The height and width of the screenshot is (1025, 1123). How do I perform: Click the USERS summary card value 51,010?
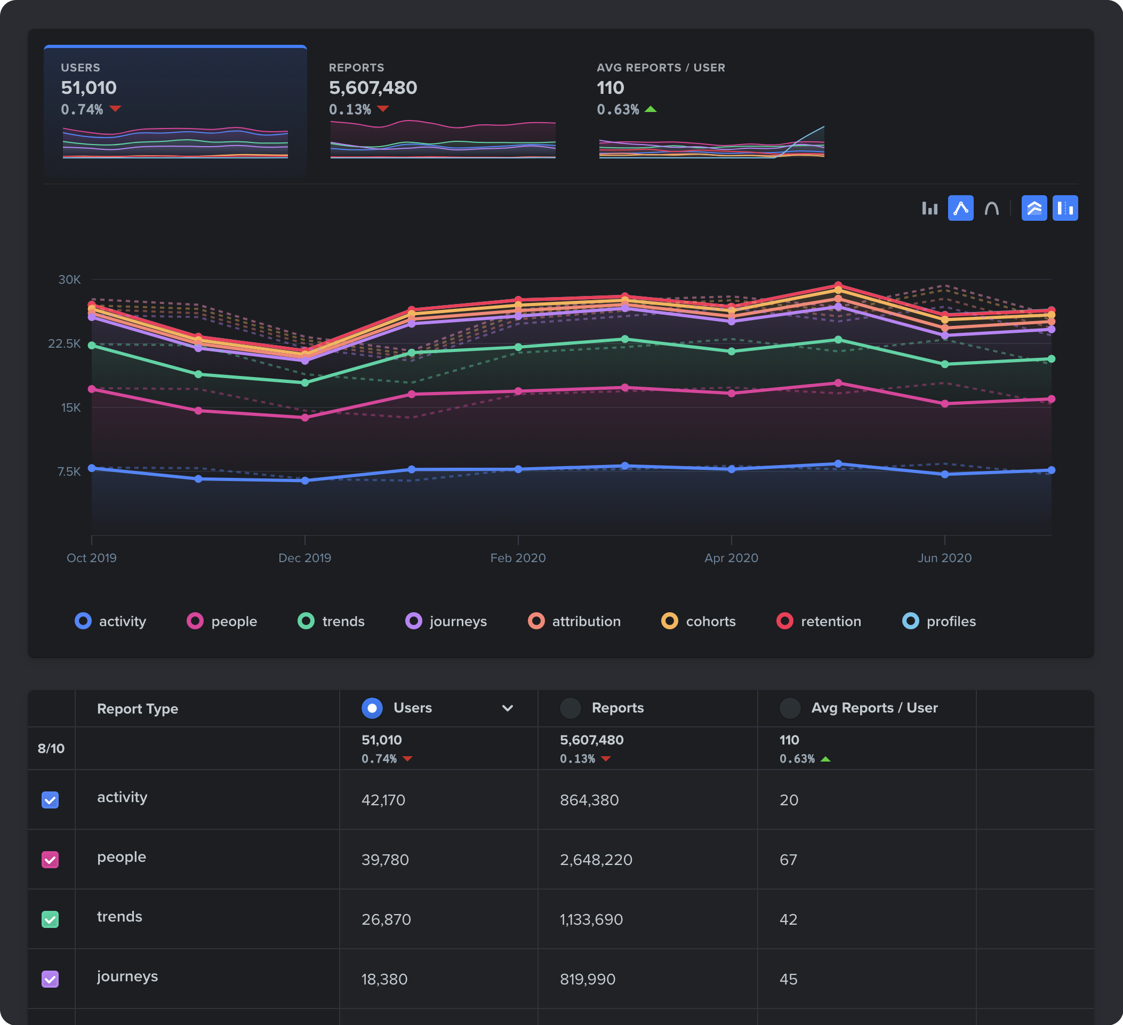(89, 87)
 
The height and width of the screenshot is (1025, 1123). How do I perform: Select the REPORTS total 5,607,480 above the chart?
(373, 87)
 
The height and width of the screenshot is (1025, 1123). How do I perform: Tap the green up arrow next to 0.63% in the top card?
(650, 109)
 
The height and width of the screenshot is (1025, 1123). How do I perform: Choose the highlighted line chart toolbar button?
(960, 209)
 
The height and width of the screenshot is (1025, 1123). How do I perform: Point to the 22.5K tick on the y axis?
(65, 343)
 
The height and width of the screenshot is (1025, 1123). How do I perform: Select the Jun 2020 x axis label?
(944, 558)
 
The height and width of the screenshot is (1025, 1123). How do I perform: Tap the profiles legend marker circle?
(910, 621)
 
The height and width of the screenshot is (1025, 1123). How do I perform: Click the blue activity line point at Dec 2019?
(304, 481)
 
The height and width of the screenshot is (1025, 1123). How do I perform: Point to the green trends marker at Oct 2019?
(92, 346)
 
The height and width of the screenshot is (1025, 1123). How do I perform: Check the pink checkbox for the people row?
(50, 860)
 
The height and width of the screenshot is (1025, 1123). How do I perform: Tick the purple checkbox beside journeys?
(50, 979)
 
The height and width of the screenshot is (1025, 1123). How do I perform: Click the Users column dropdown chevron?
(508, 708)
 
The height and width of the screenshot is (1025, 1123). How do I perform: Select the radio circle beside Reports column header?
(570, 708)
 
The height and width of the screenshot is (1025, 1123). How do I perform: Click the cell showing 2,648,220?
(596, 860)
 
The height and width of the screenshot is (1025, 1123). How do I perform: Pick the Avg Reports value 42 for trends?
(788, 919)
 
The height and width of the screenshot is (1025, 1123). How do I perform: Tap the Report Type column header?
(138, 709)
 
